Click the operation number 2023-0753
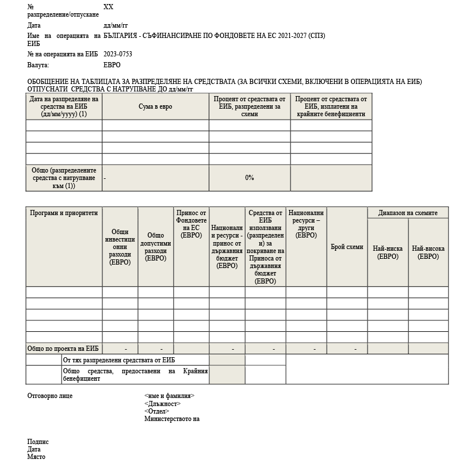click(117, 55)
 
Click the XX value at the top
click(108, 7)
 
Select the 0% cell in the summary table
click(250, 178)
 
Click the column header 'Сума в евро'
click(155, 106)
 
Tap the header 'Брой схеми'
click(347, 247)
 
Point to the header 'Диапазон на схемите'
click(408, 213)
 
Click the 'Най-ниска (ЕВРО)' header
click(388, 252)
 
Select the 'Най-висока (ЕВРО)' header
click(428, 252)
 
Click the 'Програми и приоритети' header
click(64, 213)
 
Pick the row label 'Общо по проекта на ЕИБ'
click(63, 349)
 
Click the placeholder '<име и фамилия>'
click(169, 396)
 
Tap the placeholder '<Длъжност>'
click(162, 404)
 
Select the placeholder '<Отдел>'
click(156, 411)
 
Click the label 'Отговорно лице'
click(50, 396)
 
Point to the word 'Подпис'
click(38, 442)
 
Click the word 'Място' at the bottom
click(36, 457)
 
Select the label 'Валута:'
click(38, 65)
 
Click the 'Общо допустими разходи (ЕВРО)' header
click(155, 247)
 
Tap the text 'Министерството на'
click(172, 419)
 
